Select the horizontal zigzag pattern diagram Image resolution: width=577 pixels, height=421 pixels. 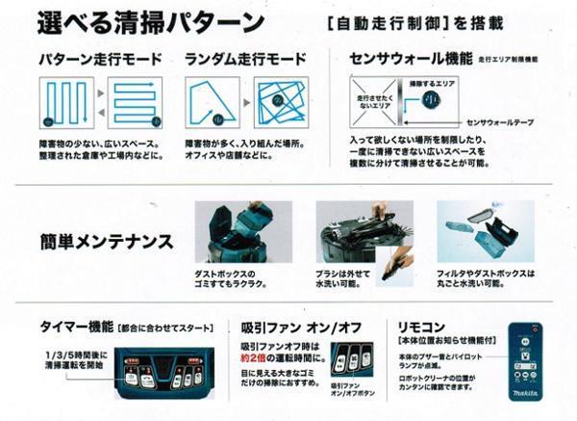(136, 102)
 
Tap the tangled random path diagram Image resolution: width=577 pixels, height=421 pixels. (281, 102)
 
